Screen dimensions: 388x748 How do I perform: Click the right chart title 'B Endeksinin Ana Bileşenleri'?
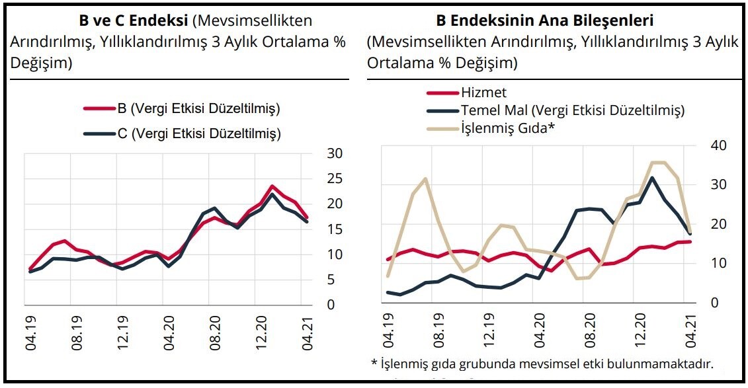[554, 21]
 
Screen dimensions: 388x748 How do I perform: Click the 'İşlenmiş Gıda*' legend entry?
[507, 128]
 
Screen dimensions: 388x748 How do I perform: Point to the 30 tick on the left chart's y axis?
[335, 153]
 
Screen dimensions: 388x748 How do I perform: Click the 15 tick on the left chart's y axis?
[335, 229]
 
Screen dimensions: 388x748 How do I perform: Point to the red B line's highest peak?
[272, 186]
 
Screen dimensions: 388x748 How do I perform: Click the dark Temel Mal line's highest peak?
[652, 177]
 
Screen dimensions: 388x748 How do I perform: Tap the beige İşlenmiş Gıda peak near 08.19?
[425, 178]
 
